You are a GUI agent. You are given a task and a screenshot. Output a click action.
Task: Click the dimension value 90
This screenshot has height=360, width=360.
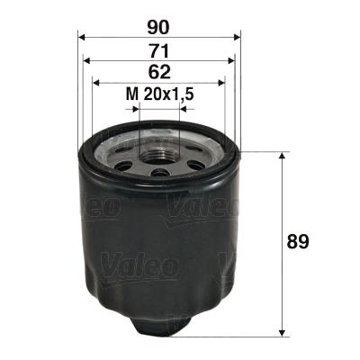pyautogui.click(x=159, y=27)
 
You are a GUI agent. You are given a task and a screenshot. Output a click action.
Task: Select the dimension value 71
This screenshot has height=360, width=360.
pyautogui.click(x=159, y=50)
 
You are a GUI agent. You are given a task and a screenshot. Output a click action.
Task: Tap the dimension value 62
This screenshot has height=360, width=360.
pyautogui.click(x=159, y=74)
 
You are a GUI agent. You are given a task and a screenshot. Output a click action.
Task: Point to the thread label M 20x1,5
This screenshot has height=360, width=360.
pyautogui.click(x=159, y=94)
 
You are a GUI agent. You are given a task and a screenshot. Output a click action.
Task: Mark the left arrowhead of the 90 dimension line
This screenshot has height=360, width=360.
pyautogui.click(x=82, y=38)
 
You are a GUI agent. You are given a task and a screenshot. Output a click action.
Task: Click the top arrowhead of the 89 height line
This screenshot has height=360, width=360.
pyautogui.click(x=284, y=155)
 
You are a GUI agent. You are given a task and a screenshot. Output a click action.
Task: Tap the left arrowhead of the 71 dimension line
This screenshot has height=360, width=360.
pyautogui.click(x=86, y=61)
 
